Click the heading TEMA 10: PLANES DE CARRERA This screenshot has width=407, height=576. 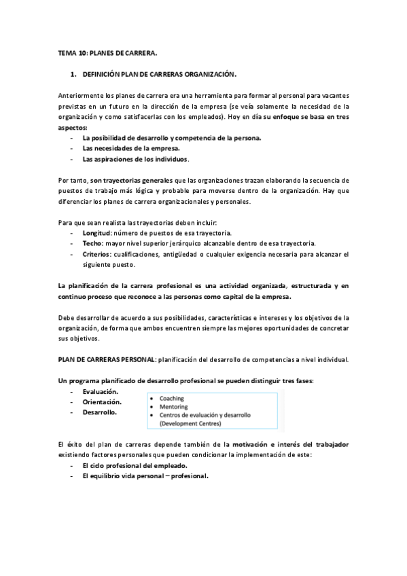[x=107, y=52]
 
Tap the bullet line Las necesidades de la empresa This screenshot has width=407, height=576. [x=122, y=148]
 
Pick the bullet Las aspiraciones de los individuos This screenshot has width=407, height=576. [x=135, y=159]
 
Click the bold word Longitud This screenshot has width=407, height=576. [x=98, y=233]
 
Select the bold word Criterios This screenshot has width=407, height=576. [x=97, y=255]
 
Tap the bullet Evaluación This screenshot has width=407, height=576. [x=100, y=392]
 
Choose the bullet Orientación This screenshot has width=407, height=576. [x=102, y=402]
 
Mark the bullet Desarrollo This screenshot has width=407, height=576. [x=100, y=412]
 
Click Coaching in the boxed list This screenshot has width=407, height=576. [x=172, y=399]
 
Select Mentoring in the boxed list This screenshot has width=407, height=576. [x=174, y=407]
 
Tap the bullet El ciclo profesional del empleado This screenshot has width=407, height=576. [x=135, y=466]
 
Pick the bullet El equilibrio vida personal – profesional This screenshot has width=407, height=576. [x=145, y=476]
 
